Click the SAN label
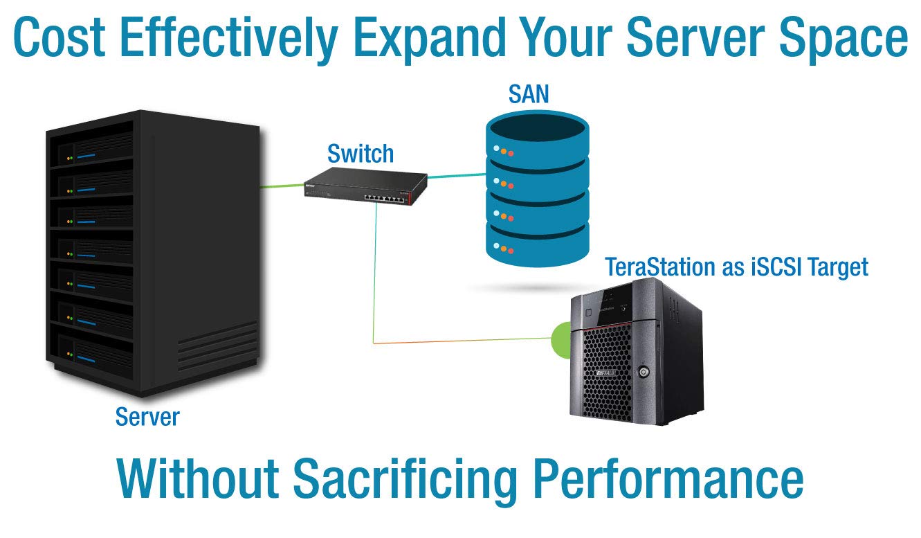click(x=529, y=94)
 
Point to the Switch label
click(x=360, y=154)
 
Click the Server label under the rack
click(x=147, y=417)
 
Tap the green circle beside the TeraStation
click(x=560, y=340)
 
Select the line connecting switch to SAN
click(x=457, y=175)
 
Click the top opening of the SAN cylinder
click(x=537, y=129)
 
